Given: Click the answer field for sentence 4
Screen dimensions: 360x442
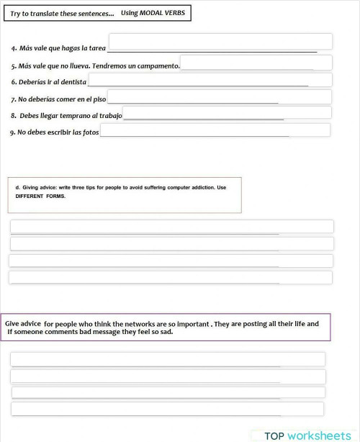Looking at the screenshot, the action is click(220, 42).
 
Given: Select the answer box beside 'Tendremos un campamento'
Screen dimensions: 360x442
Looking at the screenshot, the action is click(256, 63).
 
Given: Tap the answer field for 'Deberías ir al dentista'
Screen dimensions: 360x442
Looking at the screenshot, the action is click(210, 80).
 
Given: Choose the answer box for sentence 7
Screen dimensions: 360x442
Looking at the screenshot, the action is click(219, 97).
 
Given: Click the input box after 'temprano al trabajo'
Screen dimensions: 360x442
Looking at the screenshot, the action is click(227, 113).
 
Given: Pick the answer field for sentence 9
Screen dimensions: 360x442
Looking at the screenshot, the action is click(215, 130).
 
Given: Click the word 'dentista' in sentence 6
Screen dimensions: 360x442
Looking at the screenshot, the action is click(73, 82).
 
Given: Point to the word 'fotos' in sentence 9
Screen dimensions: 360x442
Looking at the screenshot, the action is click(90, 132).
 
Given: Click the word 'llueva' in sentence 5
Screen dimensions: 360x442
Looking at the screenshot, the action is click(79, 66).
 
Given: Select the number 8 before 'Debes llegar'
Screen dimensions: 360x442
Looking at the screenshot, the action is click(13, 115).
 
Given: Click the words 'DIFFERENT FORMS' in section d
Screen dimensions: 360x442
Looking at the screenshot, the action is click(40, 197).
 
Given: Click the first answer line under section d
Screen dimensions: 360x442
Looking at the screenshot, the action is click(171, 227).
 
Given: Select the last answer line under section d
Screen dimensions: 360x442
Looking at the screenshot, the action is click(171, 277).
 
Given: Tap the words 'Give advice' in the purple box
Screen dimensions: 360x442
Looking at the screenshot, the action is click(23, 324).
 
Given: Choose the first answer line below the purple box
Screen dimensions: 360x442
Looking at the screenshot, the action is click(168, 359).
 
